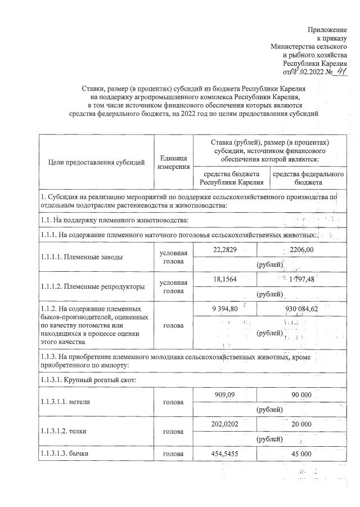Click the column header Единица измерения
click(x=173, y=163)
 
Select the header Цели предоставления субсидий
click(x=94, y=163)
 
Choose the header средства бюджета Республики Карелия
click(x=232, y=178)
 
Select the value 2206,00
click(x=300, y=249)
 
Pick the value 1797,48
click(x=300, y=280)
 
